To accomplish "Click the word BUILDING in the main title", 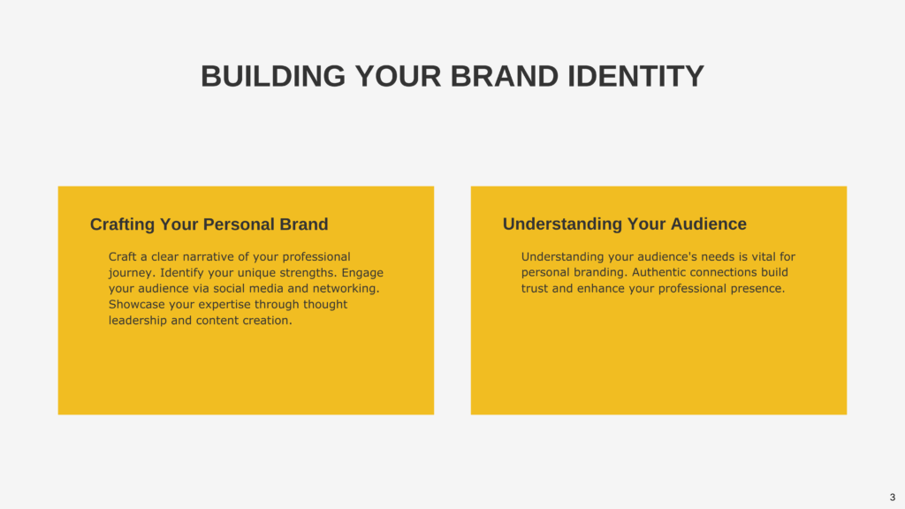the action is coord(273,76).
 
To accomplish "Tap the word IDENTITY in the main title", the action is coord(635,76).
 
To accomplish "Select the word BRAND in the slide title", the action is coord(505,76).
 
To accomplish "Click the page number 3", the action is coord(893,497).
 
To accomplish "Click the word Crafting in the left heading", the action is coord(122,224).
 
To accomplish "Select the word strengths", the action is coord(308,273).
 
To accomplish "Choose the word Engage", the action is coord(362,273).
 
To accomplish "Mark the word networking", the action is coord(346,289).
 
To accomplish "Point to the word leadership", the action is coord(137,320).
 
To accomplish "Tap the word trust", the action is coord(535,289).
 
